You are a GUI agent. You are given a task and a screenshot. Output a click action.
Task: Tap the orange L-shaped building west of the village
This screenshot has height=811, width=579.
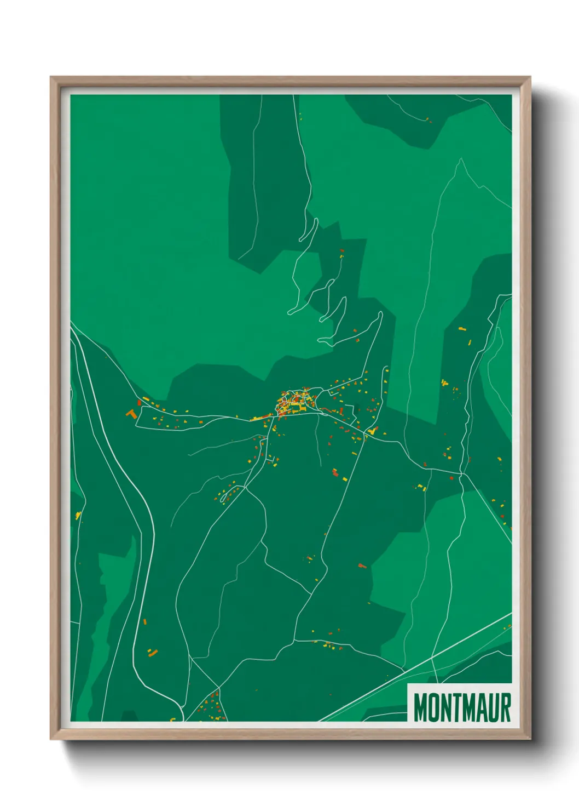131,414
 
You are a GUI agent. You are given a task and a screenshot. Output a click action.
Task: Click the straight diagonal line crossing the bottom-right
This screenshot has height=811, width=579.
416,666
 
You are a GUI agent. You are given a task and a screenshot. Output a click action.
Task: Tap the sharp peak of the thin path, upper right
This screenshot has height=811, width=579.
461,159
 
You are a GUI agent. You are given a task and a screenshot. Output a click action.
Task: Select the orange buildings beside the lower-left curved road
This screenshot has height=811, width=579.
152,652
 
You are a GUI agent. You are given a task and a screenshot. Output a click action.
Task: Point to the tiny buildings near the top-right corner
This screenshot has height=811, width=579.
429,119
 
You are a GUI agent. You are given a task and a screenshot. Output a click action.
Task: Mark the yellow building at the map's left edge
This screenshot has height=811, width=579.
78,515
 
